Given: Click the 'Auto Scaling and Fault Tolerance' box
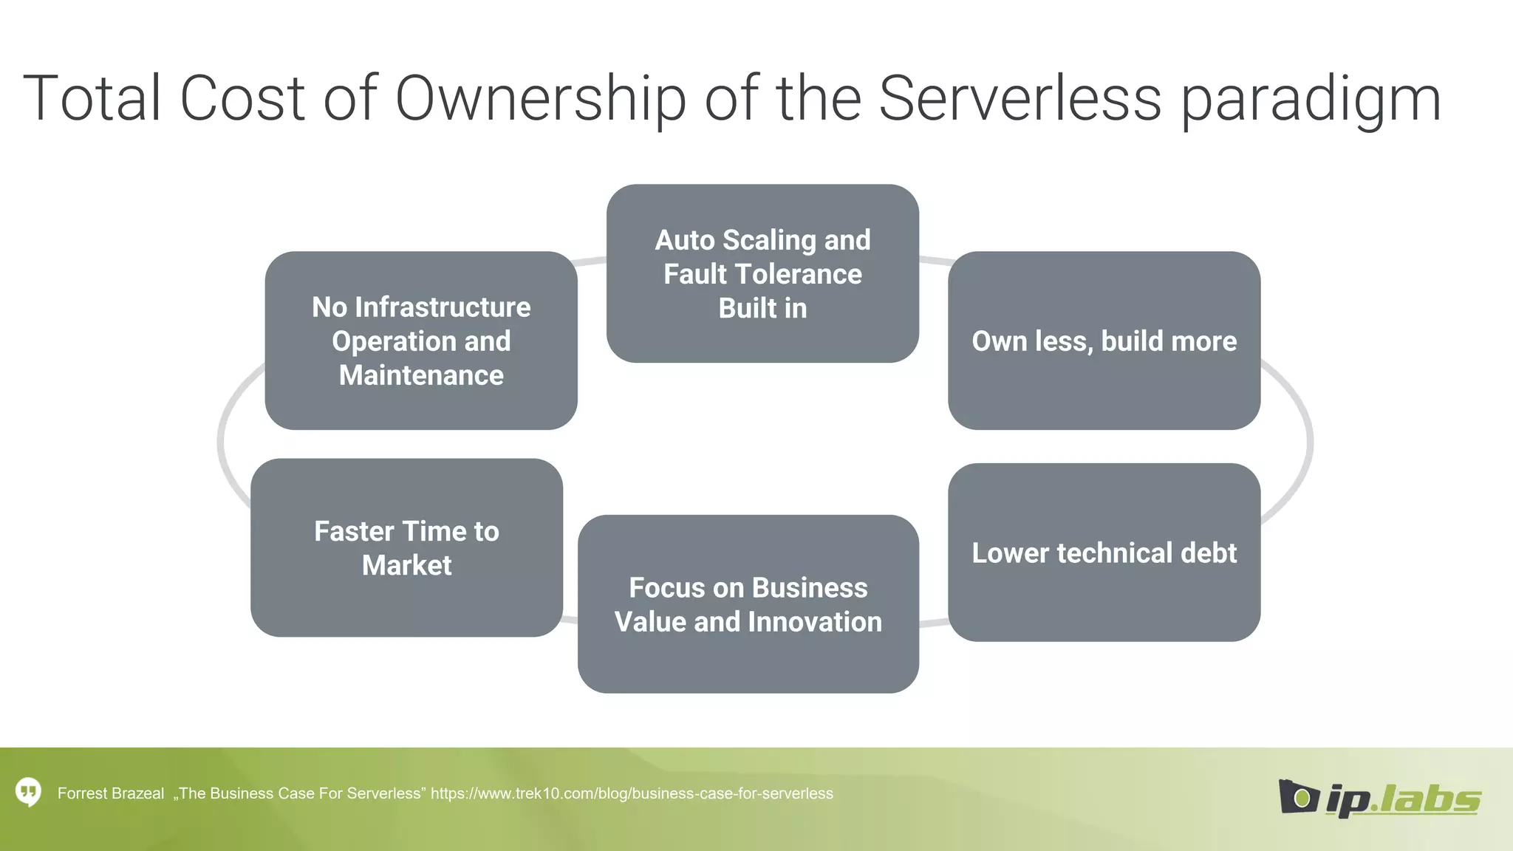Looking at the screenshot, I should pyautogui.click(x=762, y=273).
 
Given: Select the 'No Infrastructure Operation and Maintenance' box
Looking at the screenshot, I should pyautogui.click(x=421, y=341).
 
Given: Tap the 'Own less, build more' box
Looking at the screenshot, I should pyautogui.click(x=1104, y=341).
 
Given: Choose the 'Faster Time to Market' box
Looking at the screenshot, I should pyautogui.click(x=406, y=547).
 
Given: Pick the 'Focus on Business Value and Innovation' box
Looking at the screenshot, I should pyautogui.click(x=748, y=604).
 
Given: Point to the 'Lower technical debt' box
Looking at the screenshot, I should pyautogui.click(x=1104, y=553).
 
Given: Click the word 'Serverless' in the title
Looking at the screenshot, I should pyautogui.click(x=1020, y=98).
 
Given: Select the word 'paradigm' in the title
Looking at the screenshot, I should pyautogui.click(x=1311, y=100).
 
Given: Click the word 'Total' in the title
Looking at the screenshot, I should pyautogui.click(x=92, y=98).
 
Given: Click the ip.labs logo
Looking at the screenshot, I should pyautogui.click(x=1379, y=797).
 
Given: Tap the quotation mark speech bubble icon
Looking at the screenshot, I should pyautogui.click(x=28, y=793).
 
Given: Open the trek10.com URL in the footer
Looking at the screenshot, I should pyautogui.click(x=632, y=793).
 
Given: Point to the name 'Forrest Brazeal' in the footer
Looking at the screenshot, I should pyautogui.click(x=111, y=793).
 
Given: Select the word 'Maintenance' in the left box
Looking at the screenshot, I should pyautogui.click(x=421, y=375).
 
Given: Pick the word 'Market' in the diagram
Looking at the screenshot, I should pyautogui.click(x=406, y=565).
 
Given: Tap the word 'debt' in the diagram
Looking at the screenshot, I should pyautogui.click(x=1209, y=553).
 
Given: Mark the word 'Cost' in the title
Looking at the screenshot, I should pyautogui.click(x=242, y=98).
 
